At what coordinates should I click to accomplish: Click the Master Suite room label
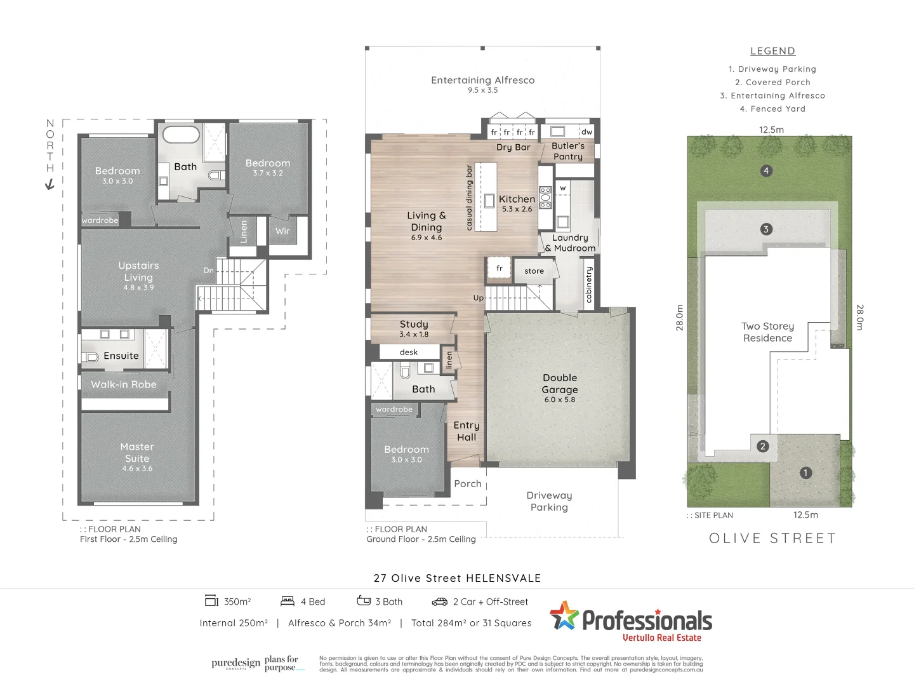tap(137, 453)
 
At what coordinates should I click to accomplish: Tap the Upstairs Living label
tap(138, 271)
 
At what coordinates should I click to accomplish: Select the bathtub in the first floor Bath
tap(181, 135)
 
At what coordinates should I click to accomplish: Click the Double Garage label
tap(560, 384)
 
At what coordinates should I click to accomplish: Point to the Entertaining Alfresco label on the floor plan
tap(482, 81)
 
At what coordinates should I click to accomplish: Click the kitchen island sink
tap(489, 201)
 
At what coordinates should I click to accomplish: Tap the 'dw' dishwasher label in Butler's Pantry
tap(586, 132)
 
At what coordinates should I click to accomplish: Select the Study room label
tap(414, 325)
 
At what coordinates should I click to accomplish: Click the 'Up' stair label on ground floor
tap(478, 298)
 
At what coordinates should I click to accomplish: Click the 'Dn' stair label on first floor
tap(208, 271)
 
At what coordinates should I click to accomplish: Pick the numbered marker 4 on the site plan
tap(766, 171)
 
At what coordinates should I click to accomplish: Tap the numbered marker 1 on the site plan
tap(805, 473)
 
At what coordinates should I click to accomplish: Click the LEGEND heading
tap(772, 51)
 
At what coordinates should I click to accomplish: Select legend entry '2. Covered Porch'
tap(772, 83)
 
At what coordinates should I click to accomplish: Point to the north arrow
tap(50, 184)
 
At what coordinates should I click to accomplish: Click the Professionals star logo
tap(564, 616)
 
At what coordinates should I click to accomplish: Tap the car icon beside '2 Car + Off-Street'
tap(439, 602)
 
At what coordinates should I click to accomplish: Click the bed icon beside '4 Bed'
tap(288, 601)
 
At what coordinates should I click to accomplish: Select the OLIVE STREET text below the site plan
tap(772, 539)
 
